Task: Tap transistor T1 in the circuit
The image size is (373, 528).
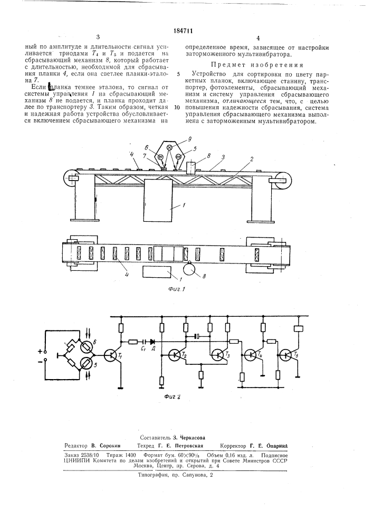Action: click(x=111, y=356)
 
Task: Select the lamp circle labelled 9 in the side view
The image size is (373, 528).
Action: click(x=170, y=149)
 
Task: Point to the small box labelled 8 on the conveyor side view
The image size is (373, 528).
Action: click(x=191, y=167)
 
